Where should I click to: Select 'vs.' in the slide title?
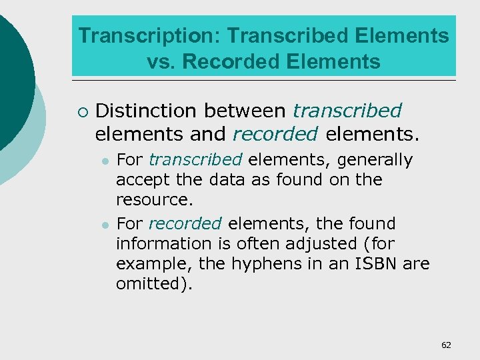coord(161,62)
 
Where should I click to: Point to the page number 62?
coord(446,345)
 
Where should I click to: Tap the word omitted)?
coord(153,283)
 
